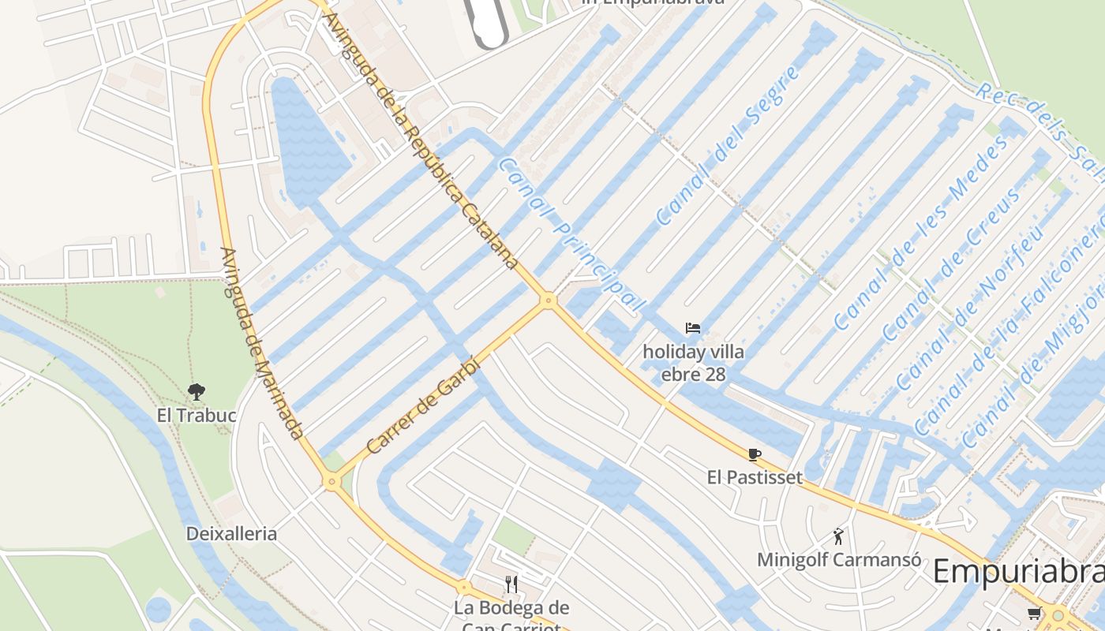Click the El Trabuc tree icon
coord(196,390)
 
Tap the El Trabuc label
coord(197,415)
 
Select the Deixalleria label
coord(231,534)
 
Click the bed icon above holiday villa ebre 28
coord(693,328)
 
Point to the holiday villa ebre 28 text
coord(693,363)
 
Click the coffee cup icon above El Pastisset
coord(755,454)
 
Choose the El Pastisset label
coord(755,477)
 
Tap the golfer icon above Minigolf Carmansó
coord(838,537)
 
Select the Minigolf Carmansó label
coord(839,560)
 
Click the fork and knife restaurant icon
coord(511,584)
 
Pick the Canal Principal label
coord(571,233)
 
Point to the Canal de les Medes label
coord(920,233)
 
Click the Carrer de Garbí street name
coord(423,405)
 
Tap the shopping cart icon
coord(1034,613)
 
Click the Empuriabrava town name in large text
coord(1018,572)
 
